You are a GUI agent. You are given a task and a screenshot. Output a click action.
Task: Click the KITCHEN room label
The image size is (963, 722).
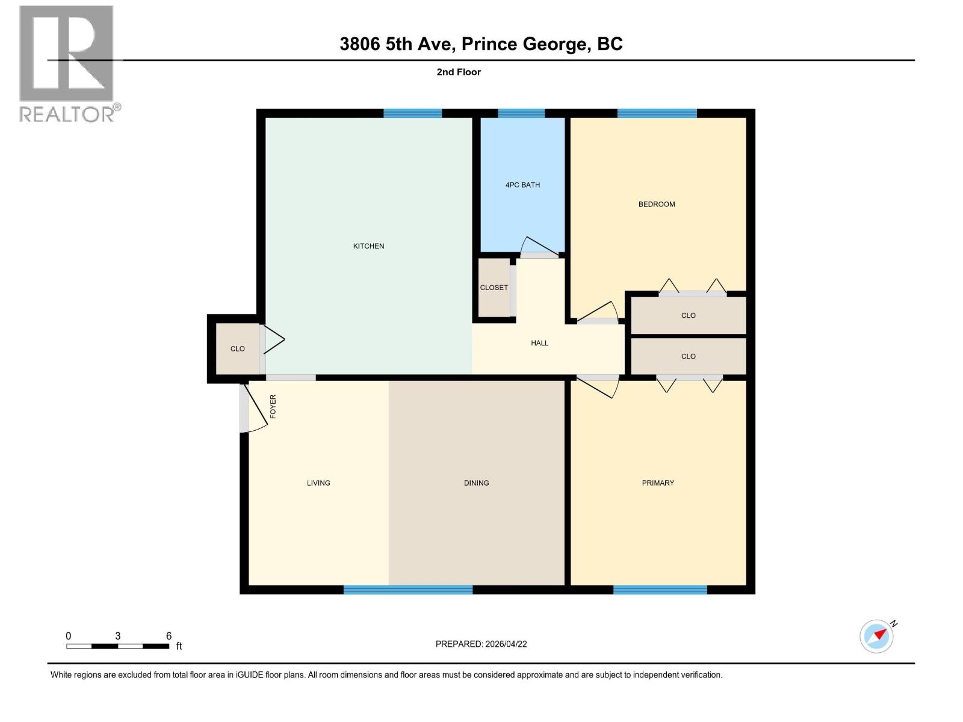coord(368,246)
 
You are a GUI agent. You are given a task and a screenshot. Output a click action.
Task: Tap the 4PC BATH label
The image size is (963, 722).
coord(522,185)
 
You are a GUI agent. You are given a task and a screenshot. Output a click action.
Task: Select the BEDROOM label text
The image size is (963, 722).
coord(657,205)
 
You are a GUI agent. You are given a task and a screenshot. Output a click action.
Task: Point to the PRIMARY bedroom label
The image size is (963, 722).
coord(658,483)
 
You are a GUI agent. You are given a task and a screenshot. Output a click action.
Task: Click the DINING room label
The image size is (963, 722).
coord(476,483)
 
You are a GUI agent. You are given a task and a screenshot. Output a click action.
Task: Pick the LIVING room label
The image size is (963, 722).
coord(318,483)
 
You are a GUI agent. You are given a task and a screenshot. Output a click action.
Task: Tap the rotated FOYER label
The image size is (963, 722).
coord(273,406)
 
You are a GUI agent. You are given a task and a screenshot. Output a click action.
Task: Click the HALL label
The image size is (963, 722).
coord(539,343)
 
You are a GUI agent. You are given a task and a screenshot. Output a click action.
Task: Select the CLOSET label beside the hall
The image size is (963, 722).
coord(494,288)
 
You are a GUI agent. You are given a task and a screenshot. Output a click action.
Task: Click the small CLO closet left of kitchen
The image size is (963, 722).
coord(237,349)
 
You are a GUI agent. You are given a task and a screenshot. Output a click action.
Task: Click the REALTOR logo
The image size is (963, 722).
coord(67,63)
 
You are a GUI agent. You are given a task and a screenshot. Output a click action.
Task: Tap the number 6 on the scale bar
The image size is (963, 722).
coord(169,636)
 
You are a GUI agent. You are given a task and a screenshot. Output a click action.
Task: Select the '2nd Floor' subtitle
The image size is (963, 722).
coord(459,72)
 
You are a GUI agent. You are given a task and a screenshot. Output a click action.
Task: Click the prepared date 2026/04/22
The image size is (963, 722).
coord(506,644)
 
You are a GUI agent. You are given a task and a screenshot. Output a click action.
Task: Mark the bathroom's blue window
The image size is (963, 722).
coord(521,113)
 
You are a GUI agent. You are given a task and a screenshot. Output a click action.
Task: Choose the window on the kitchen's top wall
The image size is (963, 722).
coord(412,113)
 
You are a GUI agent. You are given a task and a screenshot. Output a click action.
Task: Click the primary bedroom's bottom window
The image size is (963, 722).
coord(660,590)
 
